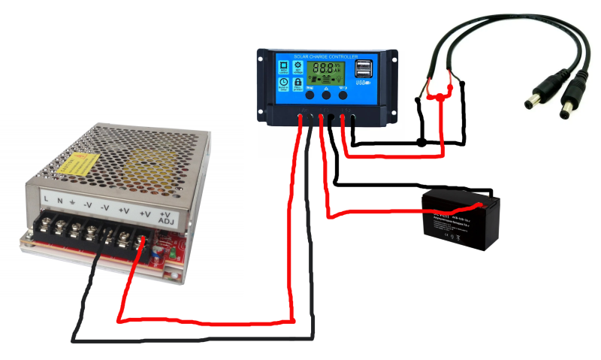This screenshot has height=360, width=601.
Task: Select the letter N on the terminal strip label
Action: point(59,201)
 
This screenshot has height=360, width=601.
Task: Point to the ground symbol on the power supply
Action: point(73,202)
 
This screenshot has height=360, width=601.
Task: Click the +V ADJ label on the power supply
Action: point(166,216)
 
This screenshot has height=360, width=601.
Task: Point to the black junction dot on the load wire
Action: point(422,142)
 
